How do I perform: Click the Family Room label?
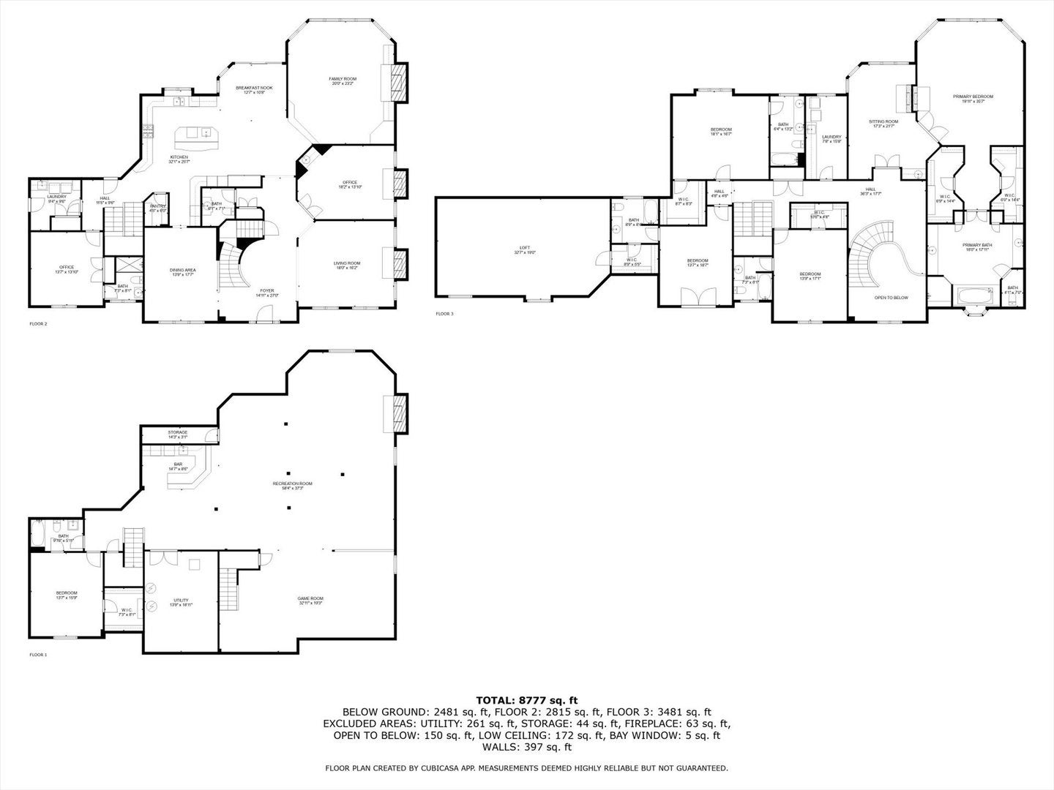tap(342, 79)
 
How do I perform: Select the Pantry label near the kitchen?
tap(158, 206)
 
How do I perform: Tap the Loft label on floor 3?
tap(524, 248)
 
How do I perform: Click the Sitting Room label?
tap(883, 121)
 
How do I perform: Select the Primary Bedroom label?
tap(973, 97)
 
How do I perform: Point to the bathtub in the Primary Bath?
tap(973, 297)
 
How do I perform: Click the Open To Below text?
tap(891, 298)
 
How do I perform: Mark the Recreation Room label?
tap(292, 484)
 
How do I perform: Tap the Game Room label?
tap(310, 598)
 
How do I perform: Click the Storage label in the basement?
tap(177, 432)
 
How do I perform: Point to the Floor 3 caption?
tap(444, 314)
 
